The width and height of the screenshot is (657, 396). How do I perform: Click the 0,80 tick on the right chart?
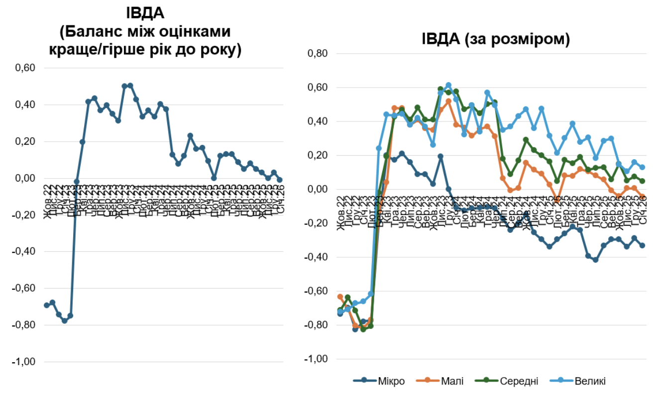[320, 54]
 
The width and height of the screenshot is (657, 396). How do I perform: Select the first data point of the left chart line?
[47, 305]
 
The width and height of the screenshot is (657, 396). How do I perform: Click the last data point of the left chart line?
[280, 180]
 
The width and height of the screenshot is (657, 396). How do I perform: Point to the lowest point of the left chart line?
[65, 321]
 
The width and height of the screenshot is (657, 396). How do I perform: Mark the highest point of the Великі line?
[448, 85]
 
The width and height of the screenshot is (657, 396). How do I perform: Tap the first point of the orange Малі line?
[340, 297]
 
